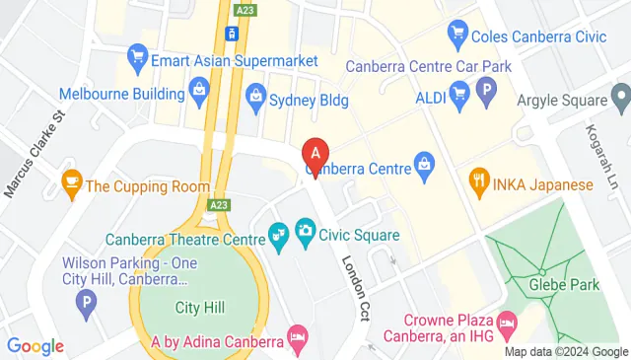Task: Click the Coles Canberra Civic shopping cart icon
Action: (457, 36)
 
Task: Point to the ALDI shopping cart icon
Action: (458, 95)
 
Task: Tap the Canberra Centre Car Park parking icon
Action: (485, 95)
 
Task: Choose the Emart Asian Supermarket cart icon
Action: (137, 59)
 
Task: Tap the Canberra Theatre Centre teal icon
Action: (278, 234)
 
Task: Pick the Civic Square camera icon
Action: (306, 233)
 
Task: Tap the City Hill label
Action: (200, 308)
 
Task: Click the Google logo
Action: (35, 345)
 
